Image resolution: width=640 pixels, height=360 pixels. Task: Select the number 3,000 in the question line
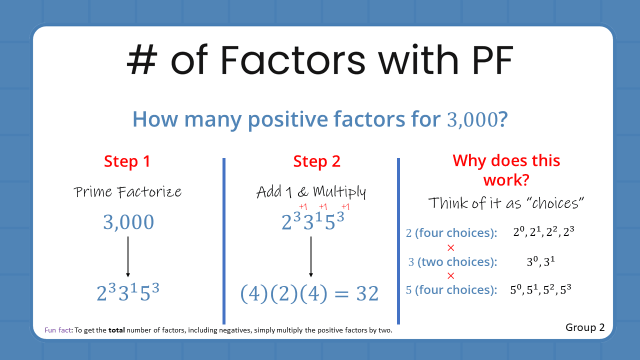(x=470, y=120)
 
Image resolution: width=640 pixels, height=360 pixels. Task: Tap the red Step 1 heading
(x=127, y=161)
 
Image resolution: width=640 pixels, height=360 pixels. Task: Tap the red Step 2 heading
(x=316, y=161)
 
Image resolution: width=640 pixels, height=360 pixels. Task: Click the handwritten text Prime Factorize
(x=127, y=192)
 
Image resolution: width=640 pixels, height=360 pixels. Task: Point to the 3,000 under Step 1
(x=128, y=222)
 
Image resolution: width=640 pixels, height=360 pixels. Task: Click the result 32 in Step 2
(x=367, y=293)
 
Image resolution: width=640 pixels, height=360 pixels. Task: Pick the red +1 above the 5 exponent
(x=345, y=206)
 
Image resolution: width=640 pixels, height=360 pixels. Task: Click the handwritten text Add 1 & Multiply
(x=311, y=192)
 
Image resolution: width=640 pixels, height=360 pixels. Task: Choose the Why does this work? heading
(x=506, y=169)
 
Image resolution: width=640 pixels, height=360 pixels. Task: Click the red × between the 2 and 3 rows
(x=450, y=247)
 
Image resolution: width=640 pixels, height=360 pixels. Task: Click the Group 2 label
(x=585, y=327)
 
